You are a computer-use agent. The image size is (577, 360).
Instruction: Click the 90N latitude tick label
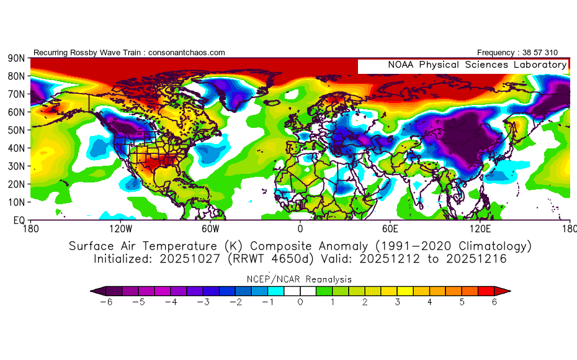tap(16, 58)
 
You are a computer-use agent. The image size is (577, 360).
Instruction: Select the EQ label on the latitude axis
tap(18, 220)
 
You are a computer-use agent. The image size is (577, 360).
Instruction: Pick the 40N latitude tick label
tap(16, 148)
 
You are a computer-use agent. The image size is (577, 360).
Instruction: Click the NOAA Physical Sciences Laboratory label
tap(477, 65)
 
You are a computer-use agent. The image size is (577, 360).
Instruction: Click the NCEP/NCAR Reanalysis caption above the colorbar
tap(300, 279)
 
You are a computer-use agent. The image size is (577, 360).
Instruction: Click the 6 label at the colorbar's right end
tap(494, 302)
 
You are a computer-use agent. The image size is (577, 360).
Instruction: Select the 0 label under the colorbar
tap(300, 302)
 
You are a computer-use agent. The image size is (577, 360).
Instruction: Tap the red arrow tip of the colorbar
tap(503, 290)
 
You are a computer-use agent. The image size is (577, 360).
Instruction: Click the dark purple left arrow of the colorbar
tap(97, 290)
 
